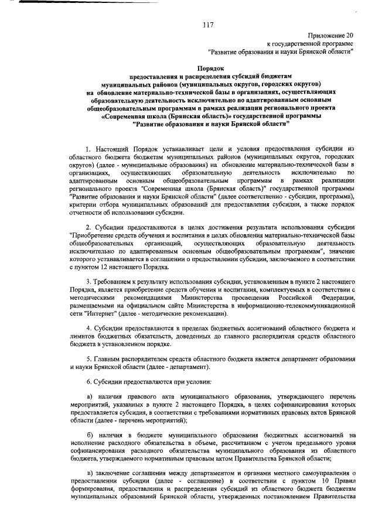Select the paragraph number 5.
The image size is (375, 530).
tap(88, 358)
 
